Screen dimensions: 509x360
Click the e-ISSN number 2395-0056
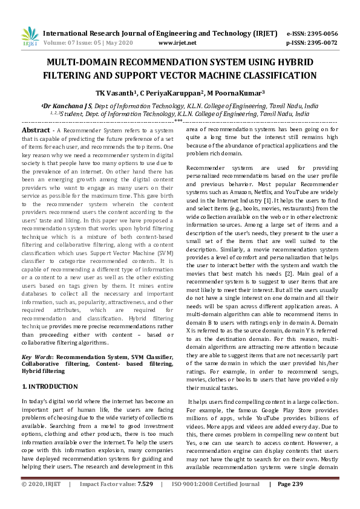click(321, 33)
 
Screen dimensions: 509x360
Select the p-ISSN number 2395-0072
click(321, 44)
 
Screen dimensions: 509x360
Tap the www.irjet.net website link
click(177, 44)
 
